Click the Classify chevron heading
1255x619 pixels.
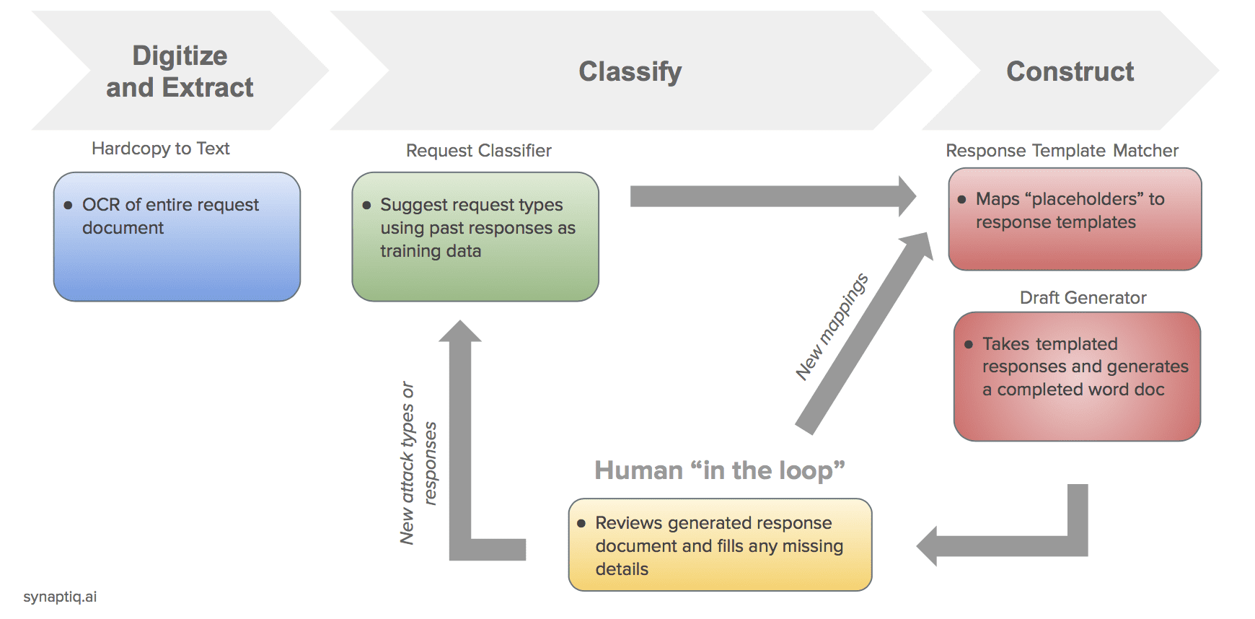(x=630, y=71)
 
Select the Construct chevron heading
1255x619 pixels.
(x=1070, y=71)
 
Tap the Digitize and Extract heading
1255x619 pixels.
(x=180, y=71)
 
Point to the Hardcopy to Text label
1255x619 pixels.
(x=160, y=149)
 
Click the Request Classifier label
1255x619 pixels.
(x=478, y=151)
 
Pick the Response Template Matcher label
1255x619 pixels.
(x=1062, y=151)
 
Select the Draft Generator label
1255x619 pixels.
(x=1083, y=298)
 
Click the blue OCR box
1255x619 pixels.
(x=177, y=237)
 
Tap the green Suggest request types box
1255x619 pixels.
(x=475, y=237)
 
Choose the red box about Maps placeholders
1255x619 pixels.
(x=1075, y=219)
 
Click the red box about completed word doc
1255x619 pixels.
(x=1077, y=376)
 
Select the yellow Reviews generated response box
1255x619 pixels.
(x=720, y=545)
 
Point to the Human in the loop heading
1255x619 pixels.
(x=719, y=470)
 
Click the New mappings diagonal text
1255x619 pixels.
(x=831, y=327)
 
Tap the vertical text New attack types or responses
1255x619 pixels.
(x=418, y=462)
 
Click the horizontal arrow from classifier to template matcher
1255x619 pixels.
(x=768, y=196)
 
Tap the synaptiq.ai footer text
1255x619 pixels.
(x=60, y=597)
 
